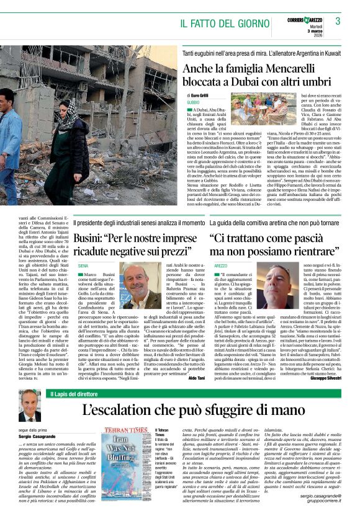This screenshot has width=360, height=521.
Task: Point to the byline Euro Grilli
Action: (x=200, y=95)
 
